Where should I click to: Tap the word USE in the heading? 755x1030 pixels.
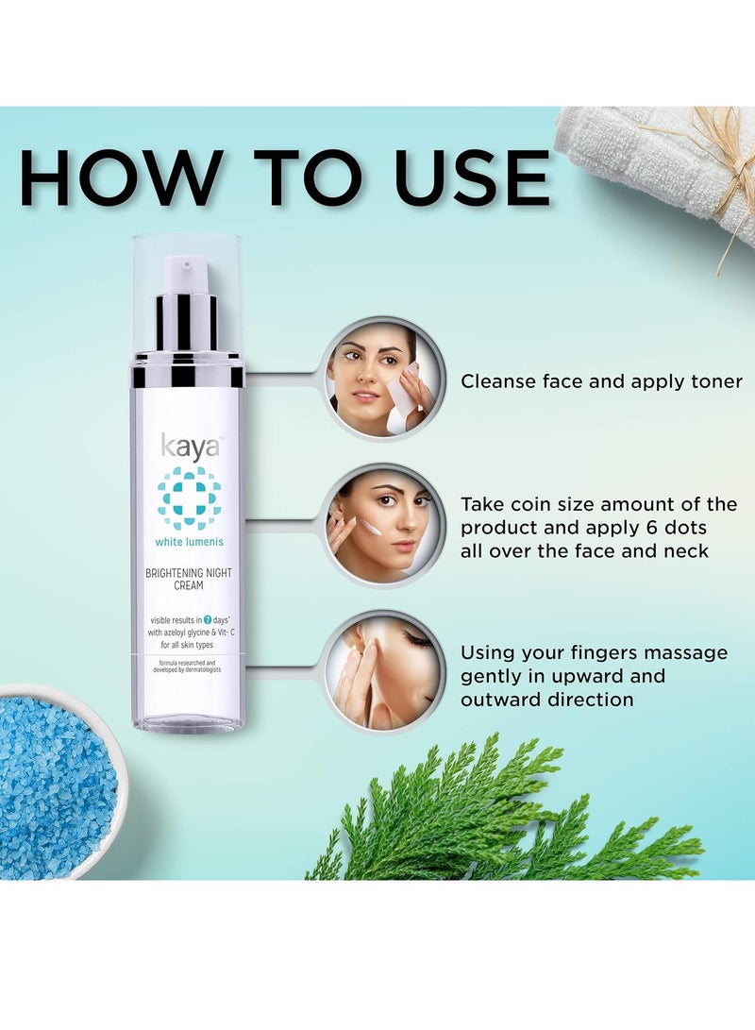click(x=472, y=177)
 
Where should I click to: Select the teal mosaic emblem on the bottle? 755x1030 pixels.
click(x=189, y=498)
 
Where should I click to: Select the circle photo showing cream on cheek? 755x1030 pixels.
click(x=382, y=526)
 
